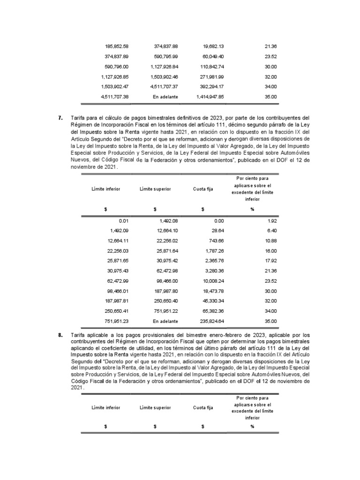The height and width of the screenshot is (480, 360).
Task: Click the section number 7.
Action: pos(60,118)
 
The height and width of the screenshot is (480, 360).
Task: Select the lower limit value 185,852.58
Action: pos(117,46)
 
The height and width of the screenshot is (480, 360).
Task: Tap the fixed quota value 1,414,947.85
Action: pos(210,97)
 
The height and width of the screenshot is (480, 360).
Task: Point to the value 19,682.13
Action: pos(213,46)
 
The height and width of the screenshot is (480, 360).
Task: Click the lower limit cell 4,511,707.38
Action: pos(115,97)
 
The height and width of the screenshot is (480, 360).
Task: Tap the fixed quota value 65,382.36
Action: pos(213,311)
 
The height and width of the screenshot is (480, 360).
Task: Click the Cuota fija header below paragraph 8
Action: pos(203,407)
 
